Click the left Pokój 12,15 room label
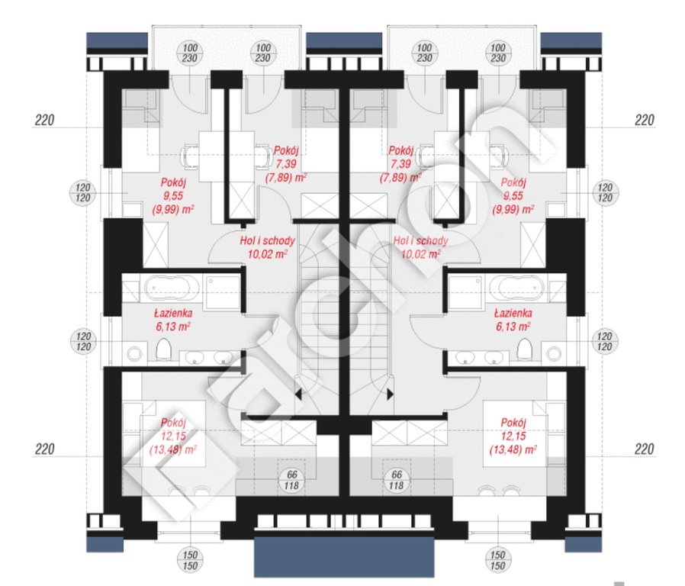tap(173, 436)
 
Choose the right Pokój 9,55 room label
tap(513, 196)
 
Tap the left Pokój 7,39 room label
tap(286, 164)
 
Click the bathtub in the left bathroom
tap(172, 288)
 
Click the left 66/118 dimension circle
tap(291, 480)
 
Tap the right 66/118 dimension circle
tap(396, 480)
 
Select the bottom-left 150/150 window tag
tap(190, 561)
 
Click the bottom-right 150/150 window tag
tap(497, 561)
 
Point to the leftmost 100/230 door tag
tap(190, 53)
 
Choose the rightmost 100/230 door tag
tap(498, 53)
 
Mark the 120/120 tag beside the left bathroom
tap(83, 342)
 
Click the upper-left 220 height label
tap(44, 120)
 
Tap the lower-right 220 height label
tap(644, 449)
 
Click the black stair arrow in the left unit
tap(298, 394)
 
